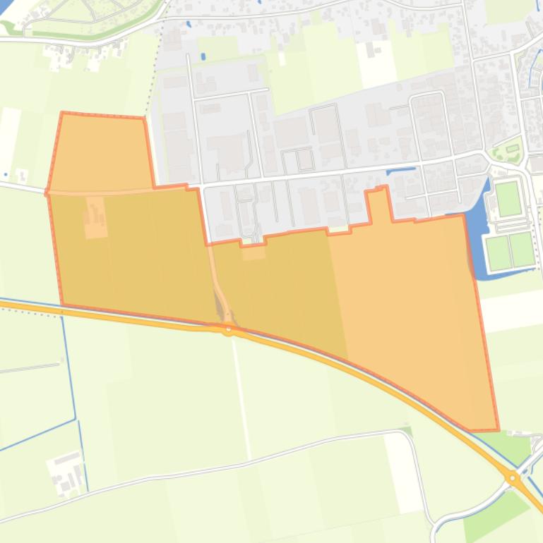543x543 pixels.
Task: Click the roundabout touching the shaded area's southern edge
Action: pyautogui.click(x=229, y=329)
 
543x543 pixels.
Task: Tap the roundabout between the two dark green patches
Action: pyautogui.click(x=513, y=478)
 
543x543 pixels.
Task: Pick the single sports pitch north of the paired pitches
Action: pyautogui.click(x=508, y=199)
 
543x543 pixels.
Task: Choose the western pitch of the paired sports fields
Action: pyautogui.click(x=499, y=253)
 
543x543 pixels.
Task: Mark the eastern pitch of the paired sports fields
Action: pyautogui.click(x=523, y=250)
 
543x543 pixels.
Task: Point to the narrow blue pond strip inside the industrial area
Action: pyautogui.click(x=400, y=170)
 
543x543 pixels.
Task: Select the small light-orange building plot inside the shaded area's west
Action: pyautogui.click(x=96, y=217)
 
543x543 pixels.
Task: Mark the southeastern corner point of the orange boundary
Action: pyautogui.click(x=498, y=429)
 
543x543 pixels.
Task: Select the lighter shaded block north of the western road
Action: pyautogui.click(x=101, y=152)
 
